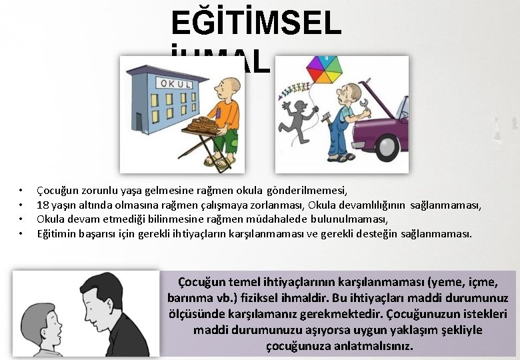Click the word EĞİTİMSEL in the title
256,24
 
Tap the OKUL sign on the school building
174,84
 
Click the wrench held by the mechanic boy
364,105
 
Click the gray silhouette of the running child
294,123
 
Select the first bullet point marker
21,191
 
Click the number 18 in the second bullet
43,205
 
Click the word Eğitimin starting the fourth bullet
55,233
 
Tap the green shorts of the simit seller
229,141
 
